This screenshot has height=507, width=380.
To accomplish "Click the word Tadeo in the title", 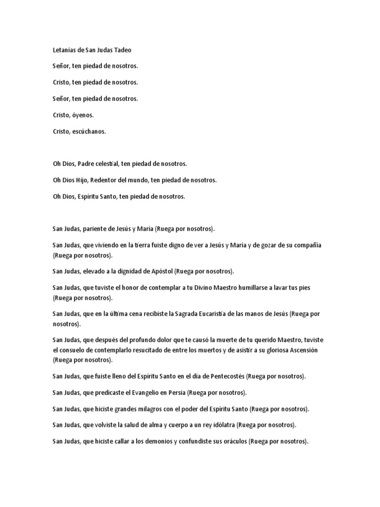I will (x=122, y=50).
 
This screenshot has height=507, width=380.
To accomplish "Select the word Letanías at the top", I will (x=65, y=50).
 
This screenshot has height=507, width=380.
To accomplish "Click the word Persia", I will (x=175, y=393).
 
